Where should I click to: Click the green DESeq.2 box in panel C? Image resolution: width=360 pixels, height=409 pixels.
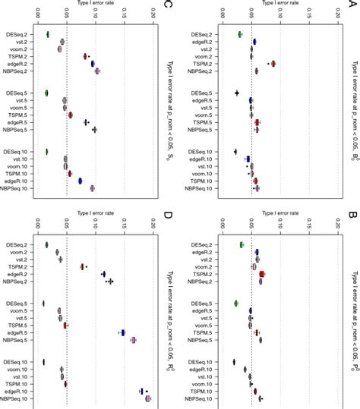(x=47, y=34)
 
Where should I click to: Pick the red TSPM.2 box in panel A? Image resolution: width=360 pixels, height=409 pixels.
(x=273, y=64)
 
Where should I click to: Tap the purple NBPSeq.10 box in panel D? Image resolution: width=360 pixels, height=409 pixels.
(x=148, y=398)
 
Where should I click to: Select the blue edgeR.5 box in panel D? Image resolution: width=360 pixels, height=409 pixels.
(x=122, y=332)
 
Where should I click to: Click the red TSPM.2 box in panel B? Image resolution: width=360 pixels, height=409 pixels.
(x=262, y=253)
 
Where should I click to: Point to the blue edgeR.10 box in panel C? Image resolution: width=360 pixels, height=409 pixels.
(x=80, y=181)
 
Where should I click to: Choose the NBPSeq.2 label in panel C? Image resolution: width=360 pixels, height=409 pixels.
(x=18, y=71)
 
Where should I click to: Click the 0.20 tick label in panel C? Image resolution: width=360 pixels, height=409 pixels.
(x=152, y=12)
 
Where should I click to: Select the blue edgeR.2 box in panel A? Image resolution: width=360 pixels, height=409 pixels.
(x=254, y=42)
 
